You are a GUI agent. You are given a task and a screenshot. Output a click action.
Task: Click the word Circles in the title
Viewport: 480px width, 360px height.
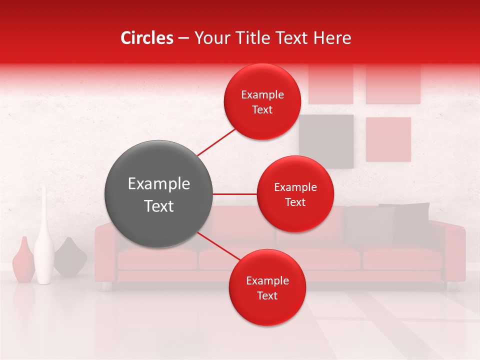click(146, 38)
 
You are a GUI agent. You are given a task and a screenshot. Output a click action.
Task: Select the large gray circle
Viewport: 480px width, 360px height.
click(158, 194)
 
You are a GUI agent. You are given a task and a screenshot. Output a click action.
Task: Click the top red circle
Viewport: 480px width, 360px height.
click(262, 102)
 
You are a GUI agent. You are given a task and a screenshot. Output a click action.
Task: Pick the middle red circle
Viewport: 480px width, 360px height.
click(295, 194)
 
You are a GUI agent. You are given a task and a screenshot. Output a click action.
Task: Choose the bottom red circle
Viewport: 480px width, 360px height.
click(267, 288)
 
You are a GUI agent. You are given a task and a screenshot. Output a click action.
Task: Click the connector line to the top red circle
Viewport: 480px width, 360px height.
click(216, 142)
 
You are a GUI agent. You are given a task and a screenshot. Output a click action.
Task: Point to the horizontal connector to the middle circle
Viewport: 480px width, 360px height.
click(234, 194)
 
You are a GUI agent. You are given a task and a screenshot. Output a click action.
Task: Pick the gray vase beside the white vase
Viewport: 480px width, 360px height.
click(70, 257)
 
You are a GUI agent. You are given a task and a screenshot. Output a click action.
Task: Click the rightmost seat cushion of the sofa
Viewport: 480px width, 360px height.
click(402, 258)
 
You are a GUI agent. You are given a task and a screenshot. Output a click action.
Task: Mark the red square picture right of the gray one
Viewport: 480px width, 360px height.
click(388, 139)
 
